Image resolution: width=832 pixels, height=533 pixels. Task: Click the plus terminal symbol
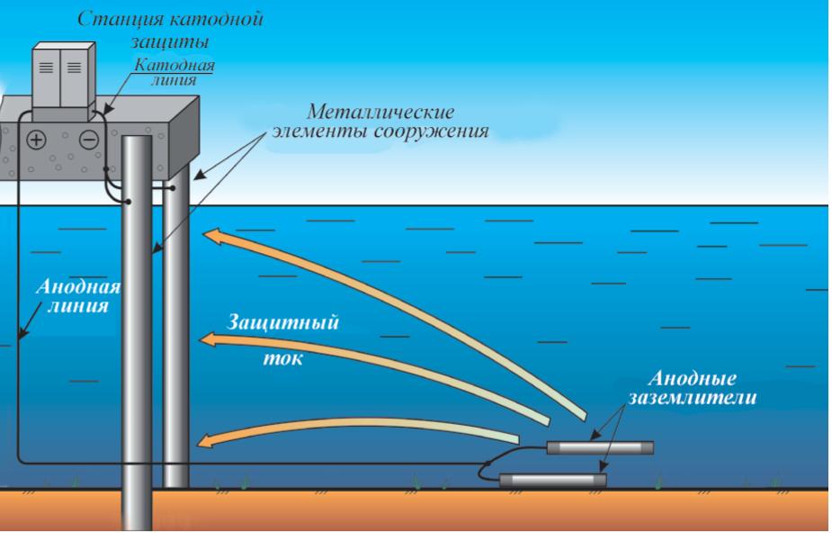point(37,140)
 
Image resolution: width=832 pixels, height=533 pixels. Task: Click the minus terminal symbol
point(88,140)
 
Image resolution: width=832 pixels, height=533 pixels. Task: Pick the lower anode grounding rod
point(552,479)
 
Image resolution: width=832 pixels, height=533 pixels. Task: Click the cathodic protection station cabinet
point(60,81)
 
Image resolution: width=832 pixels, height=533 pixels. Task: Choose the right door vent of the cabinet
point(73,68)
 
